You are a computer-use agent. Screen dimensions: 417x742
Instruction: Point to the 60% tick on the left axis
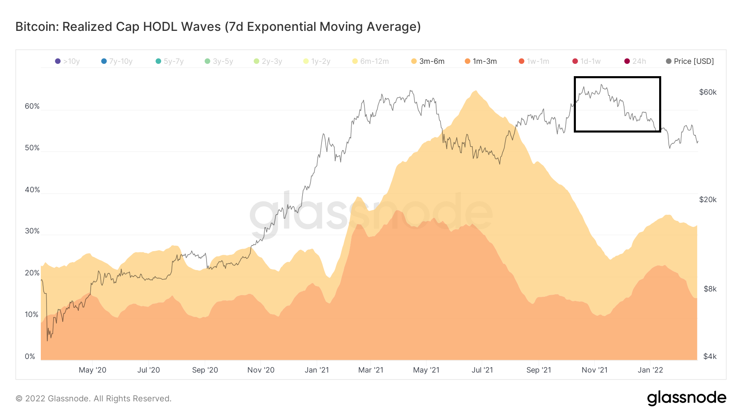(32, 106)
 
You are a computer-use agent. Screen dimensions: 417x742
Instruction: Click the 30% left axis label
(32, 231)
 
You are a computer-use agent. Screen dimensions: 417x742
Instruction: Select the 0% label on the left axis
(30, 356)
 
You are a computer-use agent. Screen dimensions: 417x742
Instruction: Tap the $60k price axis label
(708, 92)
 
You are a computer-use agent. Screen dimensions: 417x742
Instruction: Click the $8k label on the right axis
(710, 289)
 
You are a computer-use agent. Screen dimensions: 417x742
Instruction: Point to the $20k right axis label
(708, 200)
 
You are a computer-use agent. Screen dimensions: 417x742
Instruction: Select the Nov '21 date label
(594, 370)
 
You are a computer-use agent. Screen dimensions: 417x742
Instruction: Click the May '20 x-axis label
(92, 370)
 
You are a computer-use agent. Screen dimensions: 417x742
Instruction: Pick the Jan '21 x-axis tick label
(317, 370)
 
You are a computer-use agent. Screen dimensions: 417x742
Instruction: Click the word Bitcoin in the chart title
(36, 27)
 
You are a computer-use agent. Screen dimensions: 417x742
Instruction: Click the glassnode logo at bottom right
(686, 398)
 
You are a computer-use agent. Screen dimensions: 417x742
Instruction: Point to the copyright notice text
(94, 398)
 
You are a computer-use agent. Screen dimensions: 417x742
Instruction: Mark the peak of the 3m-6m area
(476, 91)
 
